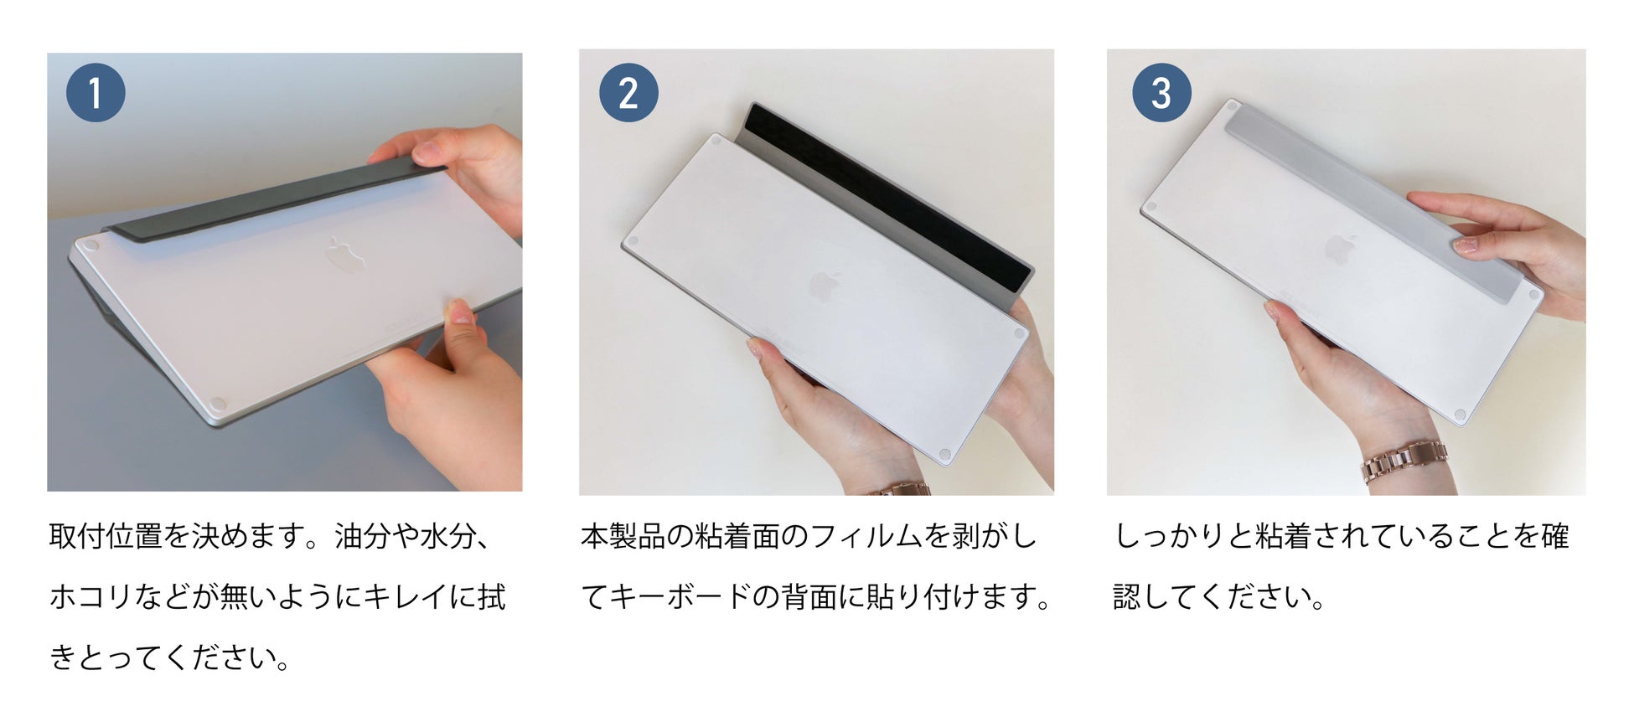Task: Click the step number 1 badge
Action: tap(96, 93)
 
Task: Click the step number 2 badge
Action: tap(628, 93)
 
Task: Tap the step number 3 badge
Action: tap(1161, 93)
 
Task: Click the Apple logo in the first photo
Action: tap(344, 255)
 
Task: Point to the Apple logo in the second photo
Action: tap(825, 286)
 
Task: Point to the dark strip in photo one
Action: tap(277, 198)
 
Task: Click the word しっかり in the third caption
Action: tap(1170, 536)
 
